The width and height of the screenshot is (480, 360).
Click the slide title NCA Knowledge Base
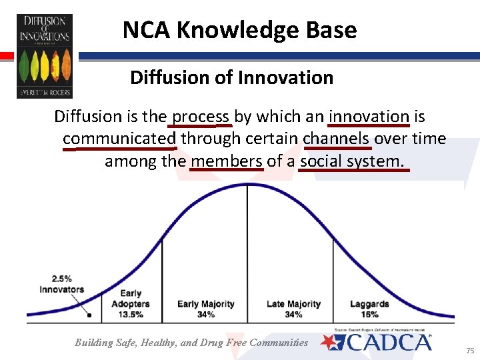239,30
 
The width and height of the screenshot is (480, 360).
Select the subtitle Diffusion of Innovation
231,77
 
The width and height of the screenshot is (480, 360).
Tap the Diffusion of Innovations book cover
44,56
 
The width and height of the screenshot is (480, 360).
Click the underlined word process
201,117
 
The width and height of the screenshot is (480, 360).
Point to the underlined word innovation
369,117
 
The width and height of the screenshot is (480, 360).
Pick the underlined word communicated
119,139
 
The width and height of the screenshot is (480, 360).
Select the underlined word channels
337,139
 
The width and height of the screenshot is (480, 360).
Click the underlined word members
227,161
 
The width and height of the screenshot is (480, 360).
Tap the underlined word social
319,161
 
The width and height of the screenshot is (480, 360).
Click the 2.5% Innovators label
61,284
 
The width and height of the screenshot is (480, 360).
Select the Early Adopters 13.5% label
130,303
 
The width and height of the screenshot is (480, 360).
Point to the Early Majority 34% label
205,309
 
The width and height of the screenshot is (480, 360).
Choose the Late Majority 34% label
293,309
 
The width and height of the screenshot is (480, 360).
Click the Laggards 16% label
369,309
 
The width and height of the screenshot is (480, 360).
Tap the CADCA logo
377,343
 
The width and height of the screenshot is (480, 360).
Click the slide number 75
469,350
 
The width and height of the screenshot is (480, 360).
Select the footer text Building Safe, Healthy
191,343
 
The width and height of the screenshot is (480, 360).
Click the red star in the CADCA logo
329,342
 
